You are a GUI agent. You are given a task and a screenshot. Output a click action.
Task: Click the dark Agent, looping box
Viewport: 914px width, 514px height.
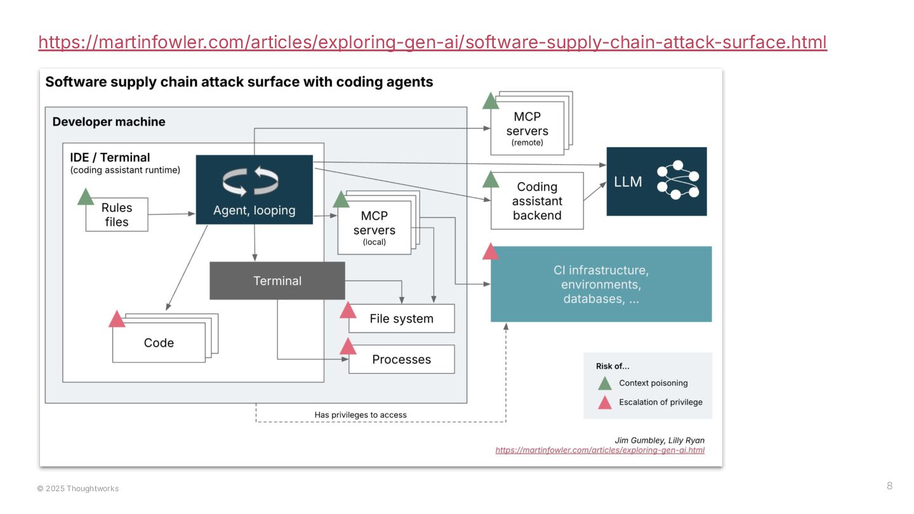(254, 189)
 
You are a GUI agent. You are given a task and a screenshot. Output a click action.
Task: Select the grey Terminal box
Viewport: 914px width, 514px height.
(277, 280)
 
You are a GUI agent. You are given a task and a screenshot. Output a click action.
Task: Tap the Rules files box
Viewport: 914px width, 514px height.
(117, 214)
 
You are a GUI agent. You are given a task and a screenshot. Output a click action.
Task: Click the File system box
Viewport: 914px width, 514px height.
(401, 319)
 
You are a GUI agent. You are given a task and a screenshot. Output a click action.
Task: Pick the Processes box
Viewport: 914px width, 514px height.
(401, 359)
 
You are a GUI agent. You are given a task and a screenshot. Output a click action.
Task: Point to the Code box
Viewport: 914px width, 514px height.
(159, 343)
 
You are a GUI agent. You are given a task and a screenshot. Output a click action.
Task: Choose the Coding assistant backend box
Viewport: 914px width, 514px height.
(537, 201)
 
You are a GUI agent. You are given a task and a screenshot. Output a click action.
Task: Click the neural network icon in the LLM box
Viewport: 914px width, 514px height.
(677, 180)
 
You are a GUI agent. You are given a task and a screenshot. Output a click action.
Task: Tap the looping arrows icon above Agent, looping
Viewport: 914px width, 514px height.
(250, 181)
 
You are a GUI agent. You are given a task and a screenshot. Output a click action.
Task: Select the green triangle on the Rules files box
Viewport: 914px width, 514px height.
(86, 197)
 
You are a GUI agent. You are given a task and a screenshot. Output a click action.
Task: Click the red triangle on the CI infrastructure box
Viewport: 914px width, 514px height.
(491, 252)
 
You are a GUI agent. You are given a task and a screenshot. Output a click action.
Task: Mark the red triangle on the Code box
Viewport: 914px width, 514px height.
(117, 319)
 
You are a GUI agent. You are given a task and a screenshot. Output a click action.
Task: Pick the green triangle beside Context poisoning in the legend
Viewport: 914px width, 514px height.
(605, 383)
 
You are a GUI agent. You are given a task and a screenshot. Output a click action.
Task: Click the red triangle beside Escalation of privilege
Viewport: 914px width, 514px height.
(605, 402)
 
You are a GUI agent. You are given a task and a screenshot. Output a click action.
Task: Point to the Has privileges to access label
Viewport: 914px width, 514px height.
(361, 415)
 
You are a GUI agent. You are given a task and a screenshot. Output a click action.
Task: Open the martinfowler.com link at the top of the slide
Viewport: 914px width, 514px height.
(432, 43)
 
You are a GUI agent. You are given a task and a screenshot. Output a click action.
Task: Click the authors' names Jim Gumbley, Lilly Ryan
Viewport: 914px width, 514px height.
(659, 440)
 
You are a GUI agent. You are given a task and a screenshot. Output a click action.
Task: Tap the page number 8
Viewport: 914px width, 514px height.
(889, 486)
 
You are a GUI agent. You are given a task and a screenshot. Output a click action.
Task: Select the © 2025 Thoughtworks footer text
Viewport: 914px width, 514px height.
(78, 489)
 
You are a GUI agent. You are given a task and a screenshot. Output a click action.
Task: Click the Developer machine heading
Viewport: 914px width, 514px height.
(109, 122)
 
